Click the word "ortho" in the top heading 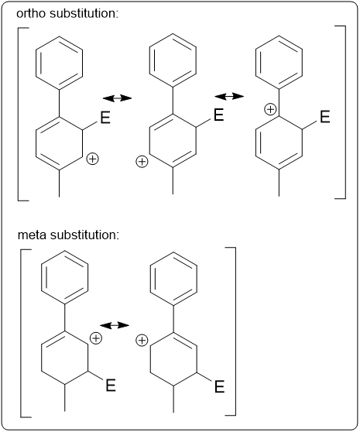30,13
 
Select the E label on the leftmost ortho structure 105,118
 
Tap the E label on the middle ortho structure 218,115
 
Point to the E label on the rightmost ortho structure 325,117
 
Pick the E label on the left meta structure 111,385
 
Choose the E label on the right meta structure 220,386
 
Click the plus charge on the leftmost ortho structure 93,159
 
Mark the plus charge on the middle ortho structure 142,162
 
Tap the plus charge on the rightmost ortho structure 270,109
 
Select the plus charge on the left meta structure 96,338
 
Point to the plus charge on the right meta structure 142,340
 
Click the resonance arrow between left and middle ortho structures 117,98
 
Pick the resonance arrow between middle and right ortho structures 229,96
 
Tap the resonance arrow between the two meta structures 115,325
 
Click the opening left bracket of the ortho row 18,114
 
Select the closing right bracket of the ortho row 345,112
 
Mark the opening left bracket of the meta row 21,333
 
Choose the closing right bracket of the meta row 235,331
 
